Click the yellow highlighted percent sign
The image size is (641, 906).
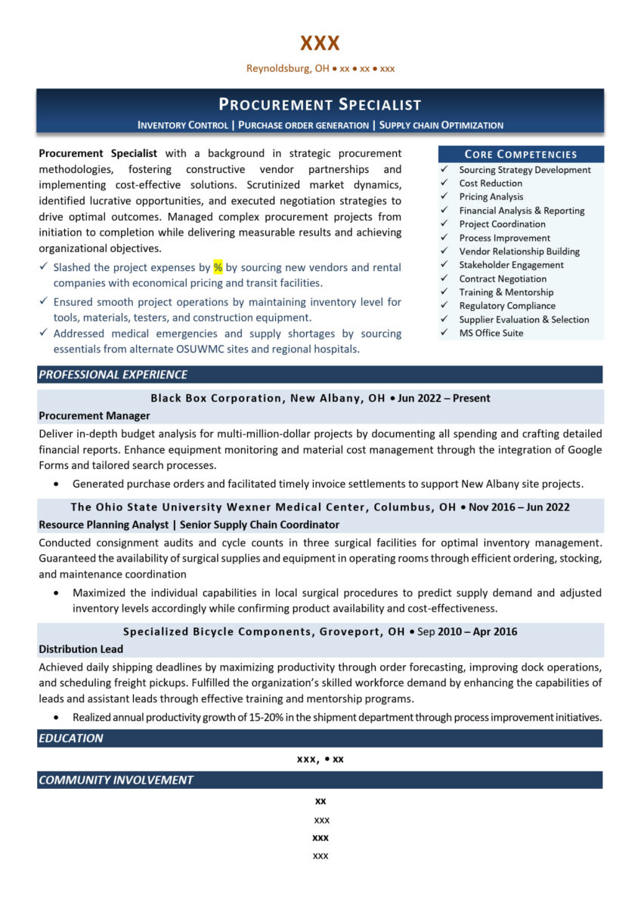[218, 267]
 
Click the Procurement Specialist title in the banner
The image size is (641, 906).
[320, 105]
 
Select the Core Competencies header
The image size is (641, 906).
[520, 154]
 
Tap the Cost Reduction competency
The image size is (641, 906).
[490, 183]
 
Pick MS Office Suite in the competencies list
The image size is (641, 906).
[491, 333]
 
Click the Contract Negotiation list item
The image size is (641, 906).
[503, 279]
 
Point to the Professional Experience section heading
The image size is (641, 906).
[113, 374]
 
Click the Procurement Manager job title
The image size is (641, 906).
[94, 415]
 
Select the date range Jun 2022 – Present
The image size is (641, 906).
[444, 398]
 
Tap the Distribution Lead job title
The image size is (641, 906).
[81, 649]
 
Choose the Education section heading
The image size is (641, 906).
[71, 738]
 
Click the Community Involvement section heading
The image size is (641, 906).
[116, 780]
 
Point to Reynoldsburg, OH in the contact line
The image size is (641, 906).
[287, 69]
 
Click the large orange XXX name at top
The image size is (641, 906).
[320, 43]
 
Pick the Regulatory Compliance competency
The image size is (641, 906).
[506, 306]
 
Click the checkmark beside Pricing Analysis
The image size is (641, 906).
[444, 197]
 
